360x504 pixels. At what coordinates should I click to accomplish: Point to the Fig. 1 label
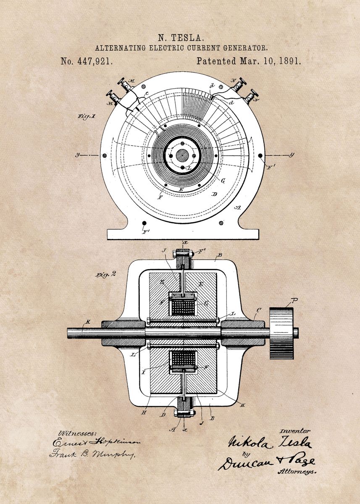click(x=86, y=116)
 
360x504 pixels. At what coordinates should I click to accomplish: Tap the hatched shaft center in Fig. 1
click(x=182, y=155)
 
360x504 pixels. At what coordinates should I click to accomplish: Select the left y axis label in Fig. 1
click(x=77, y=155)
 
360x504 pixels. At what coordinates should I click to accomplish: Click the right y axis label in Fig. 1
click(x=292, y=155)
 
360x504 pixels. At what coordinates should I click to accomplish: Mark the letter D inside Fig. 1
click(x=214, y=194)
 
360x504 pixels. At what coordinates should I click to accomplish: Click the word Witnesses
click(x=78, y=433)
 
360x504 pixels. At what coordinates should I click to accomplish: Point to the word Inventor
click(x=295, y=431)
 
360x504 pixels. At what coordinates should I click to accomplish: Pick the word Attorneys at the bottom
click(x=297, y=472)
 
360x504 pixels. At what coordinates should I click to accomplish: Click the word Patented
click(x=216, y=61)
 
